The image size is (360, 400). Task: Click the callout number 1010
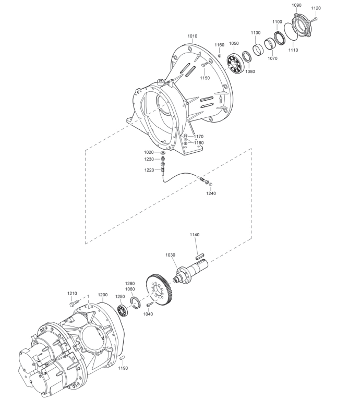[x=192, y=36]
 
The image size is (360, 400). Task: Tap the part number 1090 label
[x=296, y=5]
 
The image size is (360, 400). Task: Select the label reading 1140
[x=195, y=235]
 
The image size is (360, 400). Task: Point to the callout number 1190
[x=123, y=368]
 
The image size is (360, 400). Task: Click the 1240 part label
[x=211, y=193]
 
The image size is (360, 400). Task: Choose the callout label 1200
[x=103, y=295]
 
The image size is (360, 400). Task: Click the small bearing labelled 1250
[x=122, y=310]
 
